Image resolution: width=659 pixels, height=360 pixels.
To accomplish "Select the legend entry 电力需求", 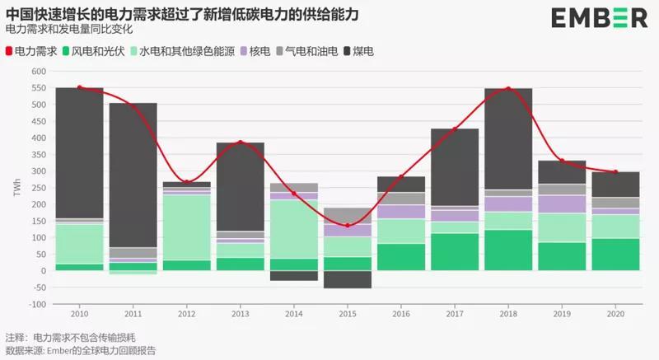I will coord(35,51).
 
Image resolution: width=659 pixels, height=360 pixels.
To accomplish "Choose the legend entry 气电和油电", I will coord(306,51).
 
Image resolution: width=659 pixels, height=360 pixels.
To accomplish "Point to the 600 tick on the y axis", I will coord(37,71).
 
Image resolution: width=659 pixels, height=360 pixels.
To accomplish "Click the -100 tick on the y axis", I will coord(35,304).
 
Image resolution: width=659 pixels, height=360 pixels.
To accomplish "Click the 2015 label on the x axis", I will coord(347,314).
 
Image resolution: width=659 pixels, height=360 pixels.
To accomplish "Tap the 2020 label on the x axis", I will coord(615,314).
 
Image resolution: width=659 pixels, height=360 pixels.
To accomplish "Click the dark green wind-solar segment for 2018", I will coord(507,250).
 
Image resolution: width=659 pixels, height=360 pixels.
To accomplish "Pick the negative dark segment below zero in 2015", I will coord(347,279).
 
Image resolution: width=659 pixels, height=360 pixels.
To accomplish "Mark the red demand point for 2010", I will coord(80,87).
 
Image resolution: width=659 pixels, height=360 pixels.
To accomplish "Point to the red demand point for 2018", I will coord(508,88).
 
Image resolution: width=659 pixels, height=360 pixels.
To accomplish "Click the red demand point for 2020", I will coord(615,172).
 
